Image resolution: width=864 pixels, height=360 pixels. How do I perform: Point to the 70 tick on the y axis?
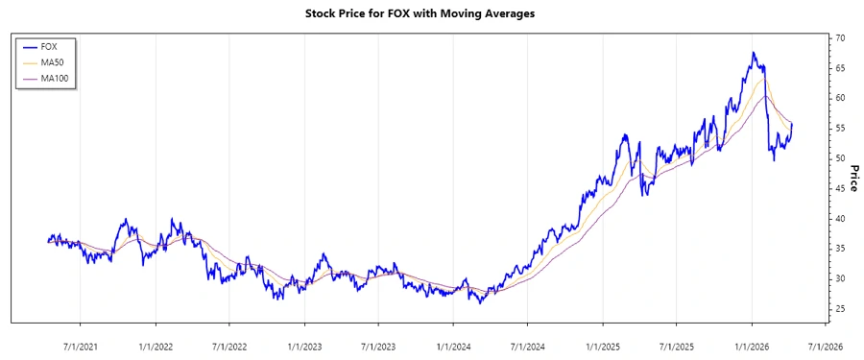click(x=839, y=38)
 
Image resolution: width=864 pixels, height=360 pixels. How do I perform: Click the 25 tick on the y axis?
click(x=839, y=309)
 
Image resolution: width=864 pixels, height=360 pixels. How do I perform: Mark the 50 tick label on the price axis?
click(x=839, y=158)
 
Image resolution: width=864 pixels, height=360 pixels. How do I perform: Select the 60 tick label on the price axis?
click(x=839, y=99)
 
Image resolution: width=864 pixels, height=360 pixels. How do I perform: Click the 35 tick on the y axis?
click(x=839, y=249)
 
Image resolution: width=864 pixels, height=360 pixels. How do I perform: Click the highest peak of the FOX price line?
click(x=754, y=53)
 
